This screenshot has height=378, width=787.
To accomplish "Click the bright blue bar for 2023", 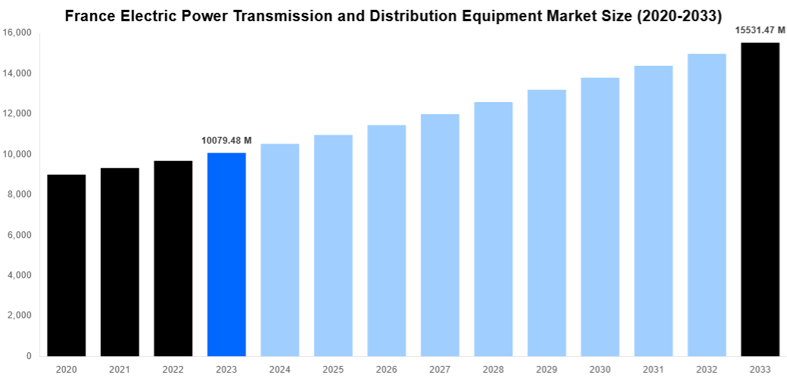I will [226, 254].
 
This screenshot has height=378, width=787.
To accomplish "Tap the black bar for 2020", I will [67, 265].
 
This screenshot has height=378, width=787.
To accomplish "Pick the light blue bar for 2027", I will [440, 234].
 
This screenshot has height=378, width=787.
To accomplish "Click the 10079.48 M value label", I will [226, 140].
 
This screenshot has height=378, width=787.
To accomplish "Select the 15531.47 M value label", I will [760, 30].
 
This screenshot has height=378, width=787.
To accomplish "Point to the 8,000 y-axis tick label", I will [19, 194].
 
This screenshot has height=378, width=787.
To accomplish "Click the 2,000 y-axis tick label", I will [19, 315].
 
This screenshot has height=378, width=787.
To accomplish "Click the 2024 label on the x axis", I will [280, 369].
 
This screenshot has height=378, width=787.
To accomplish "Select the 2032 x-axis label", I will [707, 369].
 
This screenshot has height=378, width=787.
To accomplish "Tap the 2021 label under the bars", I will [120, 369].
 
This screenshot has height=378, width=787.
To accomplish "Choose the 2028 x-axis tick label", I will [493, 369].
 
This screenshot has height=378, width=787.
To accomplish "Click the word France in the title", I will [89, 14].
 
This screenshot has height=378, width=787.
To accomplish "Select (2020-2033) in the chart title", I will [680, 14].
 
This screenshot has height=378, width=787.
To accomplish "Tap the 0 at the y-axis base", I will [28, 356].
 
